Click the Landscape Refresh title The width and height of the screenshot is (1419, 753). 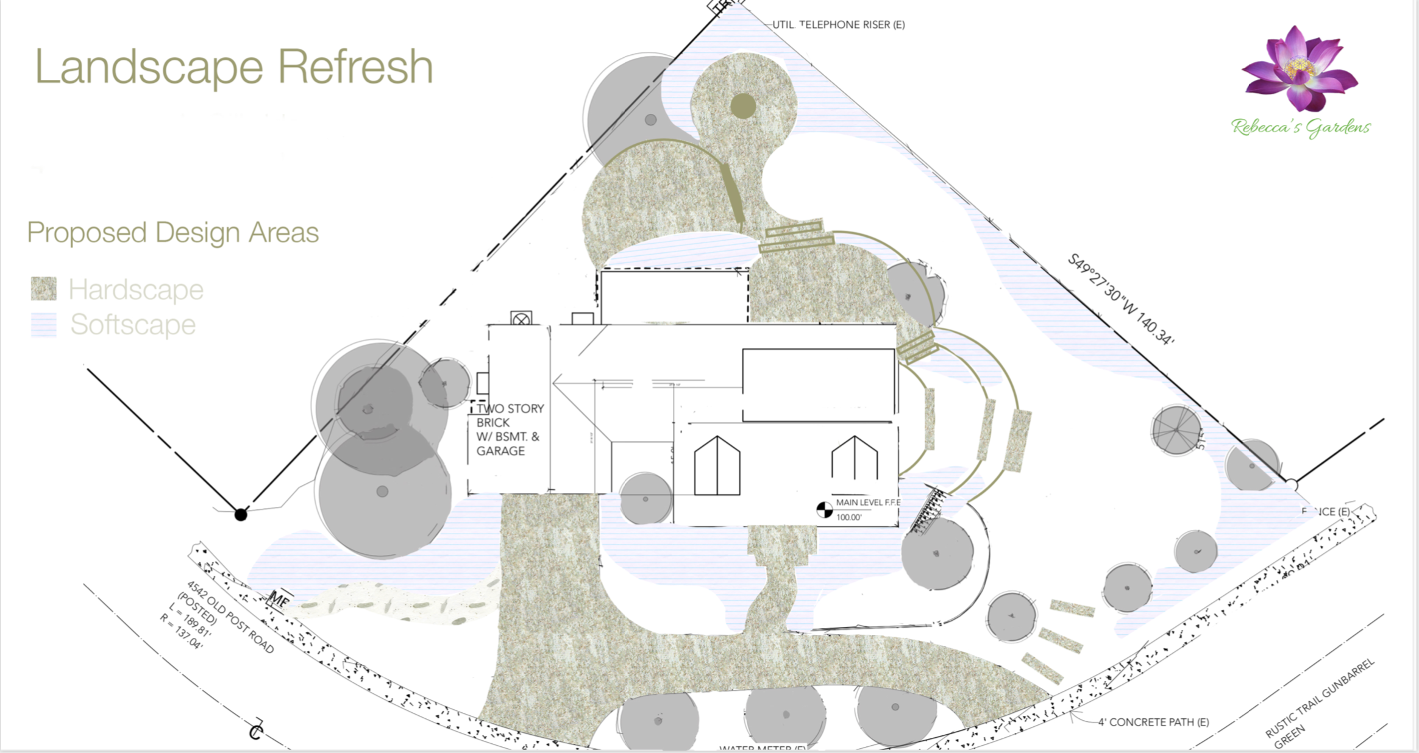234,66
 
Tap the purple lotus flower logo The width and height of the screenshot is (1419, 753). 1300,69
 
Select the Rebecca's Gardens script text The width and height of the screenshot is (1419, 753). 1300,127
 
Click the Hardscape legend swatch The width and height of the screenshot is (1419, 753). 44,289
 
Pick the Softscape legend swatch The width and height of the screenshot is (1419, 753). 44,325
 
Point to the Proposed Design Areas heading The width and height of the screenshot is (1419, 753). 173,233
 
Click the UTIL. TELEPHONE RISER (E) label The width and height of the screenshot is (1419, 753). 839,25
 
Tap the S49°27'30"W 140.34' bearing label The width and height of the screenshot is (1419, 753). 1120,299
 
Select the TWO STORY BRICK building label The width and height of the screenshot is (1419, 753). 510,430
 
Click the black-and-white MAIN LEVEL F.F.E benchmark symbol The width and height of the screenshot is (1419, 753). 824,509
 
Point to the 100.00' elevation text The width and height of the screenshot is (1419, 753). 848,517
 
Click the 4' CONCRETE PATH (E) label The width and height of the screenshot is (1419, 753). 1153,722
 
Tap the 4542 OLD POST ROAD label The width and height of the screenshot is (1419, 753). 230,617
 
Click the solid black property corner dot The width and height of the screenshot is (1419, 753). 241,515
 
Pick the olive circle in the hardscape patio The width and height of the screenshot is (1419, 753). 743,106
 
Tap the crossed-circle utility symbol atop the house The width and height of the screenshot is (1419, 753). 521,319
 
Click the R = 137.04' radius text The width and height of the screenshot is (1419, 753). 181,631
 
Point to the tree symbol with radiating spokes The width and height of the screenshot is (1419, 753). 1176,430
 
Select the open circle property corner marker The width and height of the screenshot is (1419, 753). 1292,485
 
